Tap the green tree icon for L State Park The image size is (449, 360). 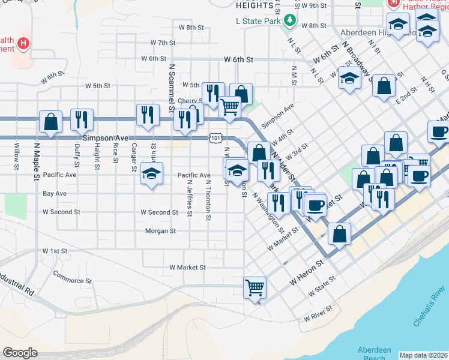[x=290, y=20]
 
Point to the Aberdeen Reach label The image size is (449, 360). [x=375, y=353]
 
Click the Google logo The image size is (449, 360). [x=20, y=353]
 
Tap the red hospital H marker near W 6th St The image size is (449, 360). [x=23, y=43]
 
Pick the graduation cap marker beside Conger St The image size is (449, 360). [x=151, y=174]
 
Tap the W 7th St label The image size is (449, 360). [x=163, y=43]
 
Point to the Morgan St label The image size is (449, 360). [x=160, y=230]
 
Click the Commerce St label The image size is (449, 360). [x=72, y=277]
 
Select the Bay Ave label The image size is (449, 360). [x=55, y=194]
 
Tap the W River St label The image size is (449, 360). [x=318, y=317]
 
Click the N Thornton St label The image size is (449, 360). [x=208, y=200]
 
